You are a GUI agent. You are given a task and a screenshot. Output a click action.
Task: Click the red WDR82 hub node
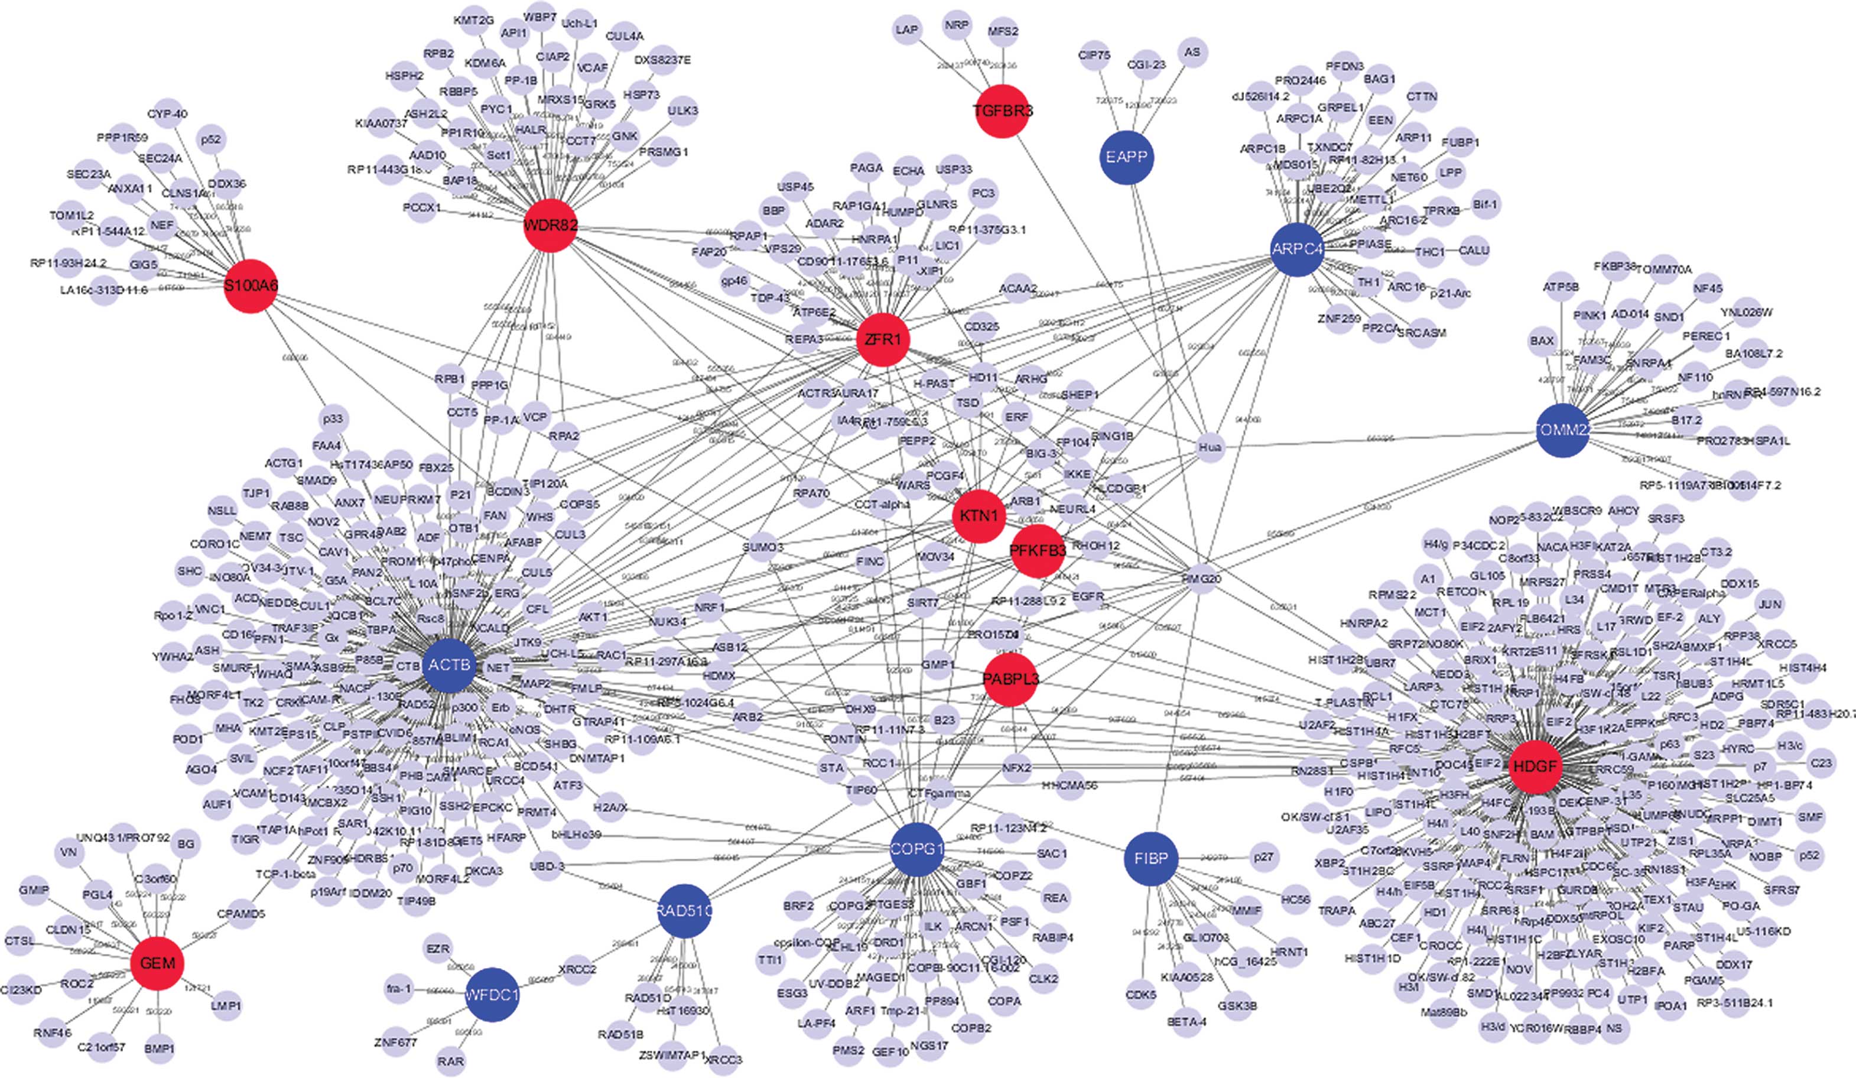(x=550, y=226)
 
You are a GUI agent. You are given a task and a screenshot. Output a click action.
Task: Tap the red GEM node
(x=158, y=963)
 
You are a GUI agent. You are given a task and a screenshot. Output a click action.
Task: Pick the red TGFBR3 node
(x=1002, y=111)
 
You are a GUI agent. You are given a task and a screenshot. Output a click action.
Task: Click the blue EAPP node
(x=1127, y=157)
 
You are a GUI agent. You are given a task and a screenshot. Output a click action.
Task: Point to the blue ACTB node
(x=449, y=665)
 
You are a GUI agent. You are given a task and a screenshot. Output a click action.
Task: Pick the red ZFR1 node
(x=883, y=340)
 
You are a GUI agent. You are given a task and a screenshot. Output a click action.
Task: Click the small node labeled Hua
(x=1210, y=447)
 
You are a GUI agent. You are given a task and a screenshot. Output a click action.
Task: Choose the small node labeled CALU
(x=1474, y=251)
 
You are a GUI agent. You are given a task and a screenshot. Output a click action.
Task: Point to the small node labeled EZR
(x=438, y=949)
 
